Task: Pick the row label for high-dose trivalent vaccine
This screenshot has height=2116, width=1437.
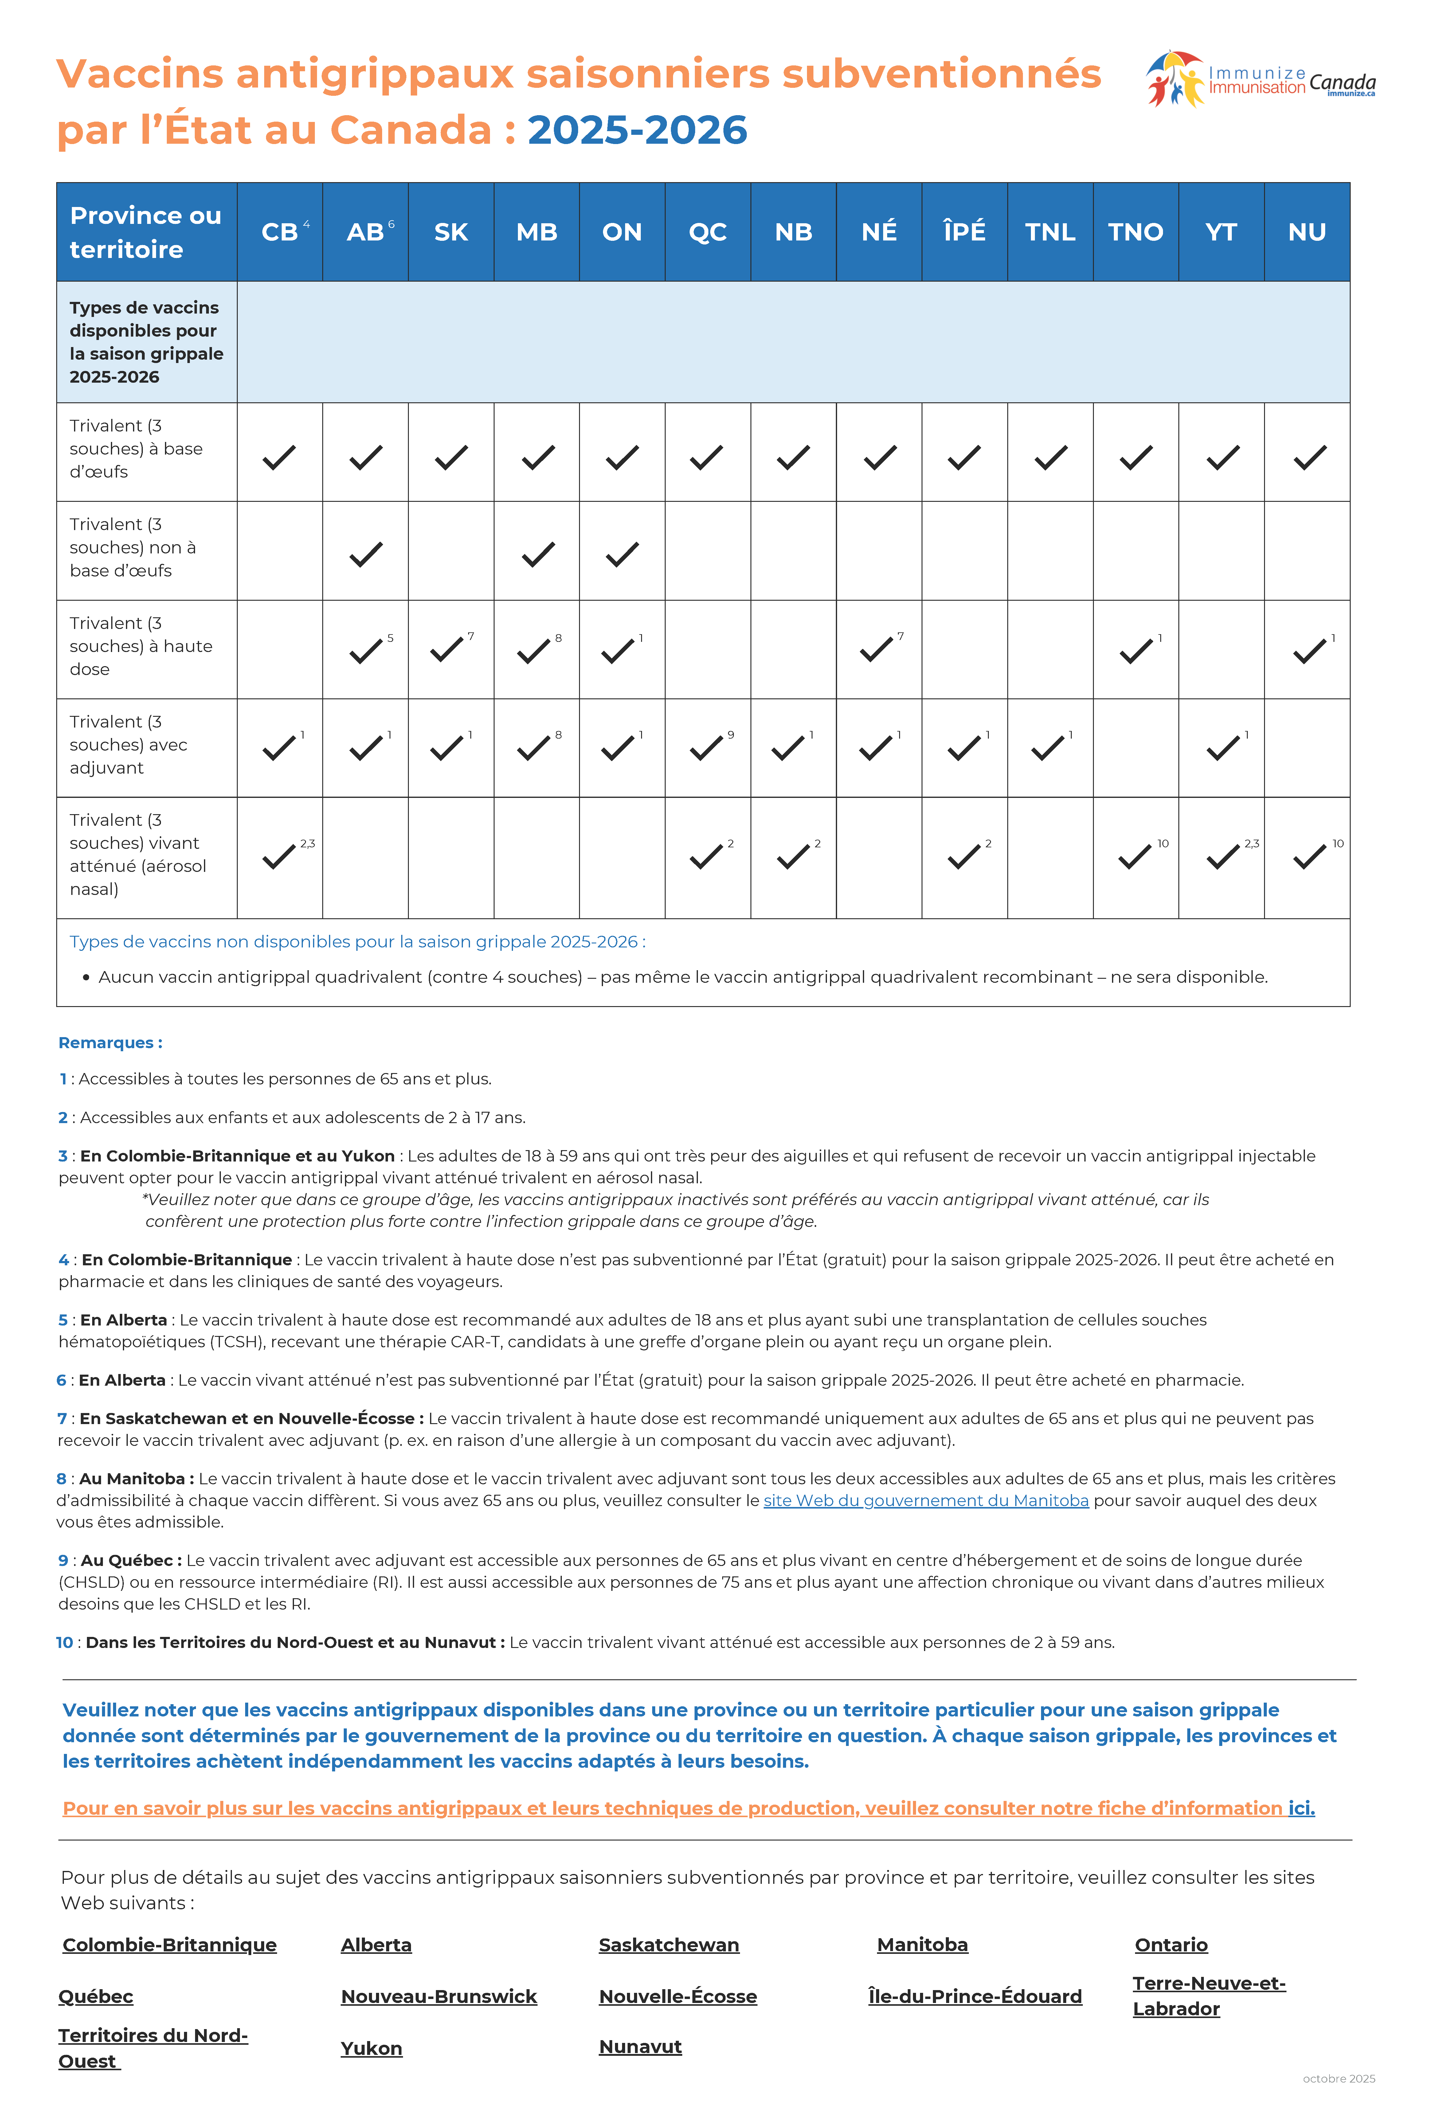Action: coord(141,646)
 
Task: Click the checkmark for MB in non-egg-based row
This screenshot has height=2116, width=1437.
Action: coord(537,554)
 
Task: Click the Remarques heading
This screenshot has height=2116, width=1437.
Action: coord(110,1043)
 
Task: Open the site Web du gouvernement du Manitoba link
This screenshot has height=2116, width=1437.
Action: coord(925,1501)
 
